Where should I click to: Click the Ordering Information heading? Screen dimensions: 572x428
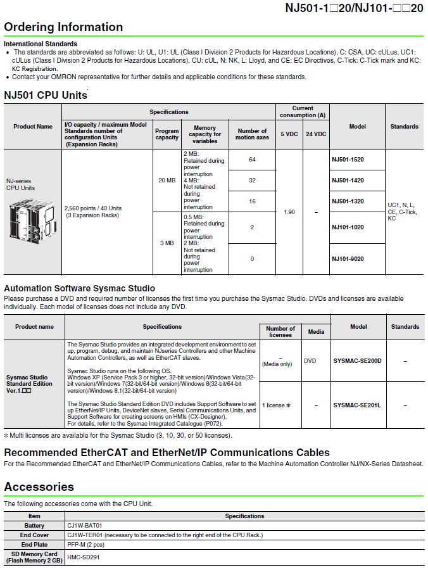click(63, 27)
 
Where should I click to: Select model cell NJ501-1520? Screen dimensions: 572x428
click(348, 160)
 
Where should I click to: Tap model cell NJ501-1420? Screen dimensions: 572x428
click(348, 181)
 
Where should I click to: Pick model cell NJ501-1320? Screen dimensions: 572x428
click(348, 201)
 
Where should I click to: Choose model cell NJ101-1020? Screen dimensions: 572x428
click(348, 227)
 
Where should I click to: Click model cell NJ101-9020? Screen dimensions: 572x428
click(348, 258)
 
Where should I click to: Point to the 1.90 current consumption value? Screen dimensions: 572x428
click(289, 212)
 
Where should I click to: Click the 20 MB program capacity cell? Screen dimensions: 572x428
click(167, 181)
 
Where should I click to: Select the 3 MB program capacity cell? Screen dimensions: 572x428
click(167, 243)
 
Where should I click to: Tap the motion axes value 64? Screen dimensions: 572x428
click(252, 160)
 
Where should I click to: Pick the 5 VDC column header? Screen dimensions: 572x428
click(289, 134)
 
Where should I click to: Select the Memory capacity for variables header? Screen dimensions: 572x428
click(205, 134)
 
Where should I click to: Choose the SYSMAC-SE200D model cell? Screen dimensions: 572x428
click(357, 360)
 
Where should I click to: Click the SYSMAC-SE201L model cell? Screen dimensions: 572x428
click(357, 405)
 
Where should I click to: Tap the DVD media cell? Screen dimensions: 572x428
click(310, 360)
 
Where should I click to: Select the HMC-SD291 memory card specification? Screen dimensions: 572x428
click(83, 557)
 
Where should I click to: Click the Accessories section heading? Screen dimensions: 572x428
click(39, 486)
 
